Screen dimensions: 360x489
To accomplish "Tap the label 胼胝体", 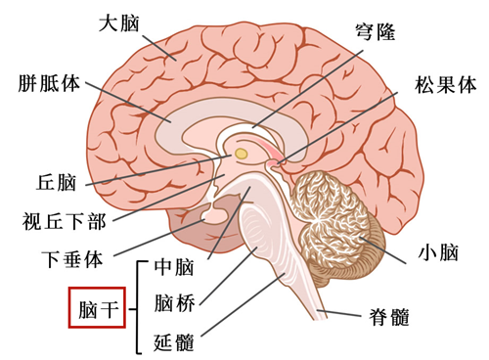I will (47, 83).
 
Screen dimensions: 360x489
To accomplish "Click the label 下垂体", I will (71, 260).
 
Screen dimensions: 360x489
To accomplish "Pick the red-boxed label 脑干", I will (96, 310).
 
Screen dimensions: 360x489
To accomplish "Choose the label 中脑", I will (176, 266).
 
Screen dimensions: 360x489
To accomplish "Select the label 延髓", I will (176, 342).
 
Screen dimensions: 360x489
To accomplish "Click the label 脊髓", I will (388, 316).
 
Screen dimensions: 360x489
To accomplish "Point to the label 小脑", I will (437, 253).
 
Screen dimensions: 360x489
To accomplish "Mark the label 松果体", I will (446, 84).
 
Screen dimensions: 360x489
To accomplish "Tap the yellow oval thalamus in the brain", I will (241, 154).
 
